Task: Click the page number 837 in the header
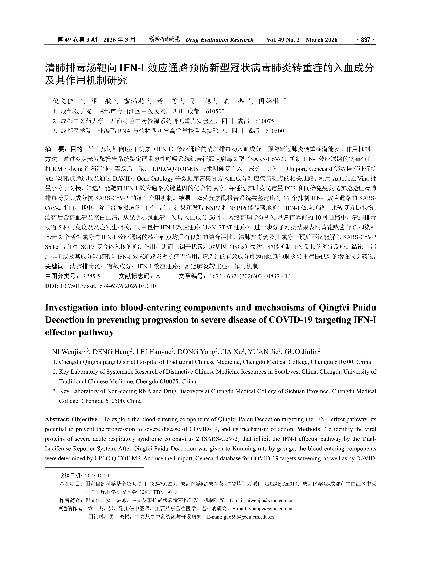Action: tap(365, 40)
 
